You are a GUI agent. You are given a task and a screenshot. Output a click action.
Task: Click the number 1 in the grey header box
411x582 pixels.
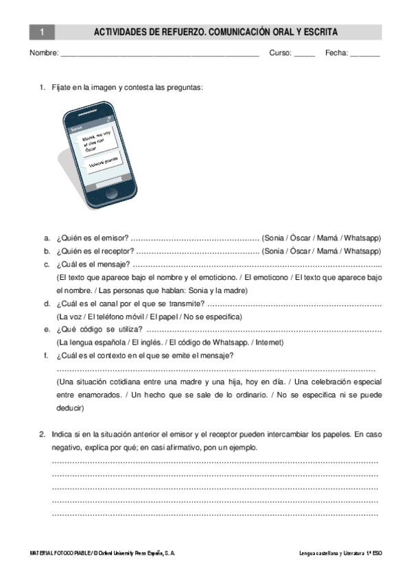[42, 32]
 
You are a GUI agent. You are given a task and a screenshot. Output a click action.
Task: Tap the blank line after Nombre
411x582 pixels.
[160, 53]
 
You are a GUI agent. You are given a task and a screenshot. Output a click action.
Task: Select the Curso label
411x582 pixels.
[281, 52]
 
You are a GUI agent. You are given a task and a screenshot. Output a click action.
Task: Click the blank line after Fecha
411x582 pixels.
[365, 53]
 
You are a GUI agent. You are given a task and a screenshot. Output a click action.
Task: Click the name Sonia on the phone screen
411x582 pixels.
[76, 129]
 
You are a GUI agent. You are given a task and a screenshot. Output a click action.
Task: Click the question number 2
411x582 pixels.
[43, 434]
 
